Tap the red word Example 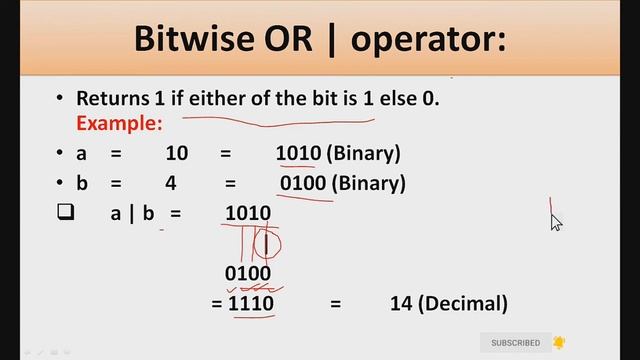point(119,123)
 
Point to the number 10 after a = point(177,154)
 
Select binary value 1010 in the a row point(298,154)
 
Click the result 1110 point(251,303)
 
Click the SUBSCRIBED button point(515,343)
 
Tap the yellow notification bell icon point(559,343)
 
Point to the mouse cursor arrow point(556,222)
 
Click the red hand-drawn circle point(267,243)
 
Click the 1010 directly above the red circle point(248,213)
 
